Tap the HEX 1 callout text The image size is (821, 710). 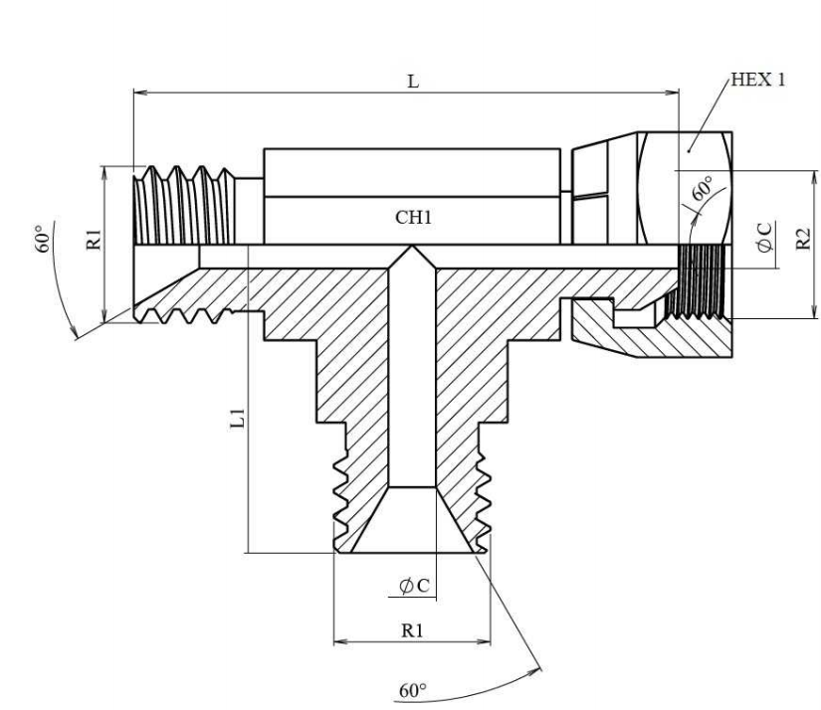pyautogui.click(x=757, y=81)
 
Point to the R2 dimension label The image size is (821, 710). pyautogui.click(x=805, y=241)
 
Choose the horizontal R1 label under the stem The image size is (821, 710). pyautogui.click(x=413, y=630)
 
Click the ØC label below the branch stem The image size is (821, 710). pyautogui.click(x=413, y=587)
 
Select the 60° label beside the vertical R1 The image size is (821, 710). pyautogui.click(x=41, y=243)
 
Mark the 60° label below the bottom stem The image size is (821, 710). pyautogui.click(x=411, y=690)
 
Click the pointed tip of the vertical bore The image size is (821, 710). pyautogui.click(x=412, y=252)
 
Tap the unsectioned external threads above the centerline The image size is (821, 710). pyautogui.click(x=184, y=208)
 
